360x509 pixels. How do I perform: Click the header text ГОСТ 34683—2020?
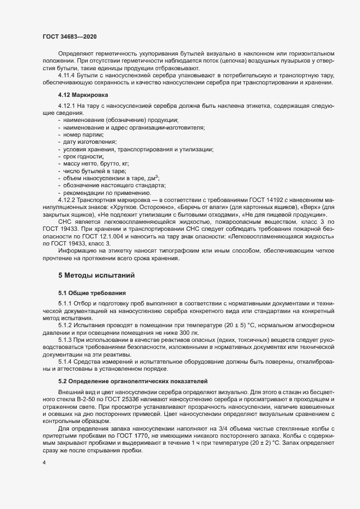coord(70,36)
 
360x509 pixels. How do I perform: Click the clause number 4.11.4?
coord(68,75)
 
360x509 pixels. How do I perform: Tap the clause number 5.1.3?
coord(66,340)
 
